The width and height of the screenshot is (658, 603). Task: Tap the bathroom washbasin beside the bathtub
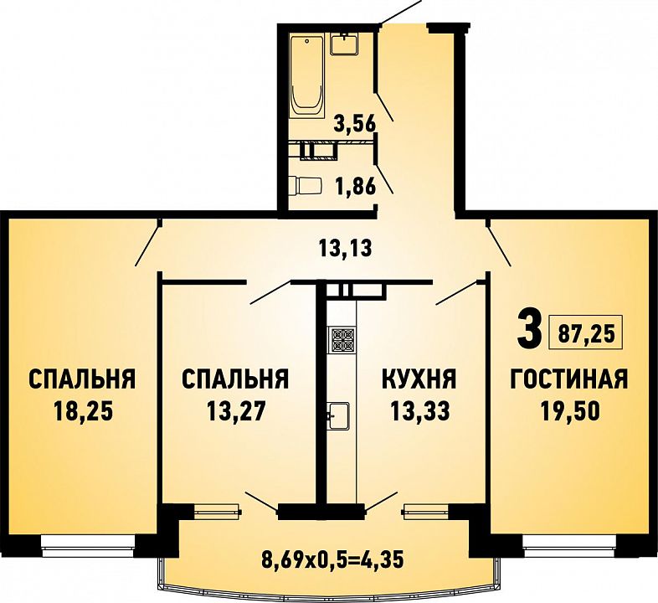tap(344, 44)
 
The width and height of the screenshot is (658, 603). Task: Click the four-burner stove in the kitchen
tap(342, 340)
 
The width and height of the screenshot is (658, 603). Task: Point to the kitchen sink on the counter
tap(339, 415)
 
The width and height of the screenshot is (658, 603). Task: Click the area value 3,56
tap(355, 124)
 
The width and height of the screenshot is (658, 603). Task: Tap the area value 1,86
tap(355, 186)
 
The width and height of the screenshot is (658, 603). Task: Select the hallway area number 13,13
tap(346, 248)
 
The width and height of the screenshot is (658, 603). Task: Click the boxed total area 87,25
tap(586, 334)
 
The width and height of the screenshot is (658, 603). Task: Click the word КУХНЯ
tap(419, 379)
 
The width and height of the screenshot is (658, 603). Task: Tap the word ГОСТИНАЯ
tap(568, 379)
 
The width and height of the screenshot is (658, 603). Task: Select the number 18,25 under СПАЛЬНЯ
tap(84, 411)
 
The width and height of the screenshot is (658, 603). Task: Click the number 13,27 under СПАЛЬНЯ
tap(236, 411)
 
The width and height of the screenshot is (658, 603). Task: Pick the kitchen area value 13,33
tap(419, 411)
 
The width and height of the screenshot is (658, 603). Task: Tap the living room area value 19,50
tap(569, 411)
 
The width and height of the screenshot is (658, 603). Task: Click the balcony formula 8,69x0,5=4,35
tap(332, 559)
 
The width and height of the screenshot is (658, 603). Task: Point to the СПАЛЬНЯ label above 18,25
tap(82, 379)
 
